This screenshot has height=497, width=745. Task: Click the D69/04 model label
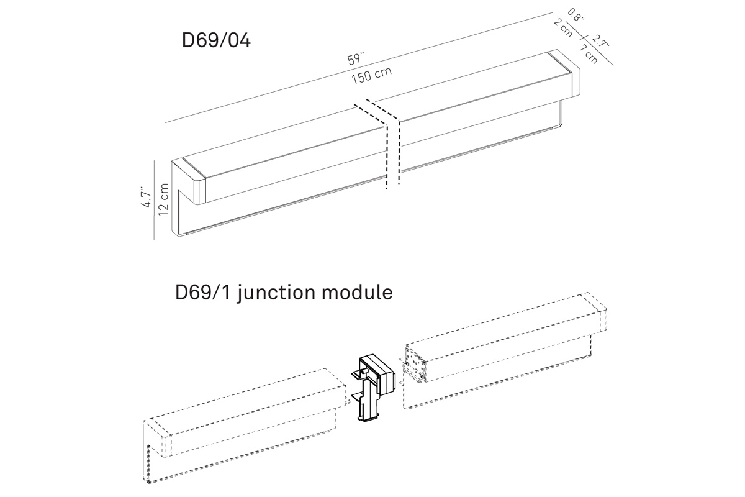(x=215, y=41)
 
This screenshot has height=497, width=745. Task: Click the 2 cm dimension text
(x=562, y=28)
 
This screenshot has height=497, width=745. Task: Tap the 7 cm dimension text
(x=589, y=54)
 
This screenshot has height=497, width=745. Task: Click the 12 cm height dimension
(x=163, y=199)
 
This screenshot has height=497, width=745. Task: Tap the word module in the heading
(x=361, y=291)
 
